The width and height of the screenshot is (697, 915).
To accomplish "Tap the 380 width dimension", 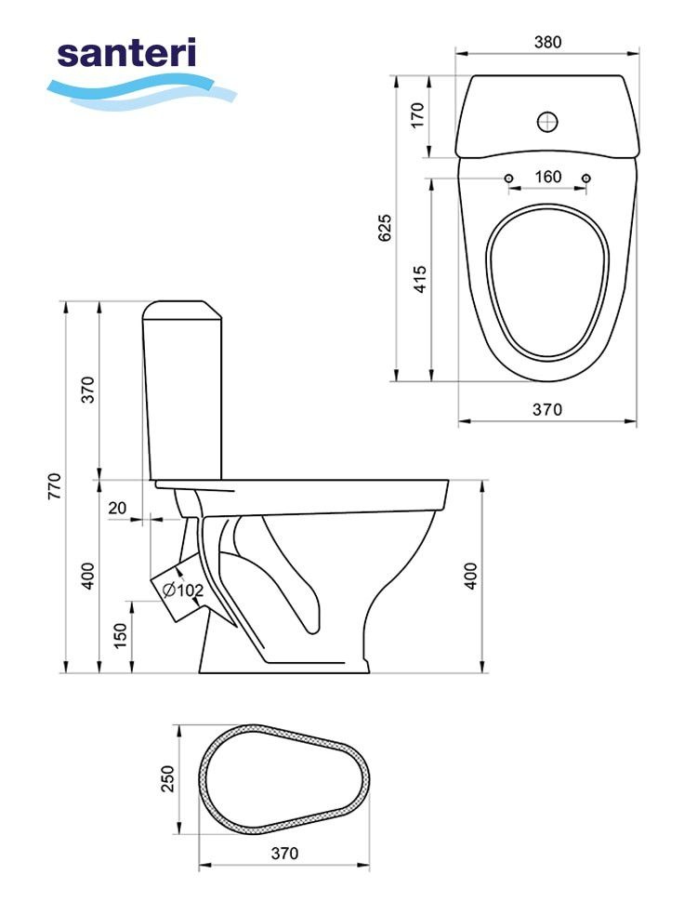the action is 547,42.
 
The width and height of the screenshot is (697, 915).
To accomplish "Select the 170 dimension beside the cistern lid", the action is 417,115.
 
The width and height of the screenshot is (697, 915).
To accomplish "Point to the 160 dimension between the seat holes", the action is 547,177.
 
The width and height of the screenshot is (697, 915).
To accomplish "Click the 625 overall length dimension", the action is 385,228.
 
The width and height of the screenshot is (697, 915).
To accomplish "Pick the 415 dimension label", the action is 420,279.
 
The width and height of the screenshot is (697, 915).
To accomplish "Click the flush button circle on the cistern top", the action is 547,122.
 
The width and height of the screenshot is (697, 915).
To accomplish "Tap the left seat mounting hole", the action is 508,178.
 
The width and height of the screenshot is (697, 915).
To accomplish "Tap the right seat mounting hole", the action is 586,178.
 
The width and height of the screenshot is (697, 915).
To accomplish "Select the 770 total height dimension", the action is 54,486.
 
